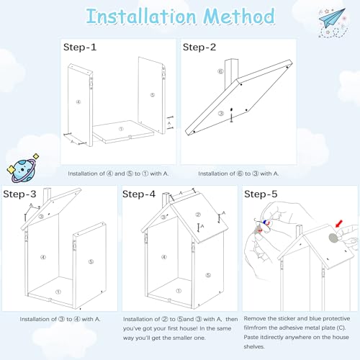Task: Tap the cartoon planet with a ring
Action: click(x=22, y=168)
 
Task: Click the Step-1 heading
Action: click(x=80, y=47)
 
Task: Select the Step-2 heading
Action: click(x=199, y=47)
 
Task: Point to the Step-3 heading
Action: click(x=19, y=194)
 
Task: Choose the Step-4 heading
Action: click(x=139, y=194)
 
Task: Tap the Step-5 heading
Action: click(x=261, y=194)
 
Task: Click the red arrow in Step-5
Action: click(x=339, y=224)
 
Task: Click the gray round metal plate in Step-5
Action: click(x=333, y=238)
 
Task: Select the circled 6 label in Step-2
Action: click(x=220, y=71)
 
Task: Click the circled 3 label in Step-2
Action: click(x=221, y=114)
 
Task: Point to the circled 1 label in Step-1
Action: click(x=121, y=129)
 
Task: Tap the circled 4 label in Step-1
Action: click(x=78, y=102)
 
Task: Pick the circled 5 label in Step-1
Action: click(x=153, y=95)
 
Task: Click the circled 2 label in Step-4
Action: click(x=198, y=215)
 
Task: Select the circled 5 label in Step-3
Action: click(x=91, y=261)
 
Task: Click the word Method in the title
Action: click(x=239, y=16)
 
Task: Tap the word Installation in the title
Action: click(x=141, y=17)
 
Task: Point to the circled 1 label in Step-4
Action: click(x=179, y=291)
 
